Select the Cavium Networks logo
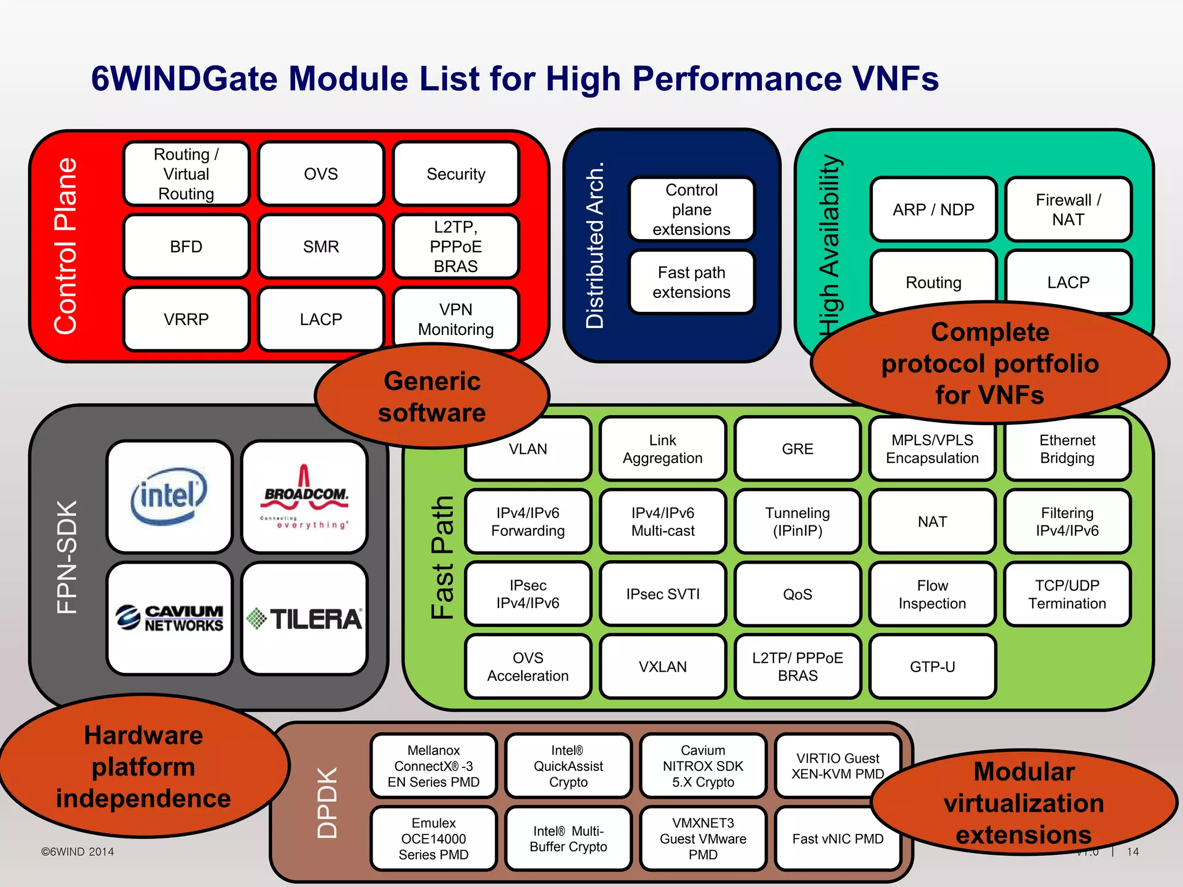pos(169,618)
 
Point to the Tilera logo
pos(304,618)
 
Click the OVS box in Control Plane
pos(321,174)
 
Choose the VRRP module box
pos(186,319)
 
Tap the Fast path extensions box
pos(691,282)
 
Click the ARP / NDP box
pos(933,210)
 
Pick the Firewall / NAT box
pos(1068,210)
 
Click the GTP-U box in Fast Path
pos(932,666)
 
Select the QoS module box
pos(797,594)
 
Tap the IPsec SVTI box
pos(663,594)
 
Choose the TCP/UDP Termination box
pos(1067,594)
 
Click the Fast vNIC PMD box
pos(838,838)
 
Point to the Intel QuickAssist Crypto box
pos(568,766)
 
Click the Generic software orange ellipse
pos(431,397)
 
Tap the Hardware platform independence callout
pos(143,766)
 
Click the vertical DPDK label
pos(327,803)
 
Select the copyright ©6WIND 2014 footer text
pos(77,852)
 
